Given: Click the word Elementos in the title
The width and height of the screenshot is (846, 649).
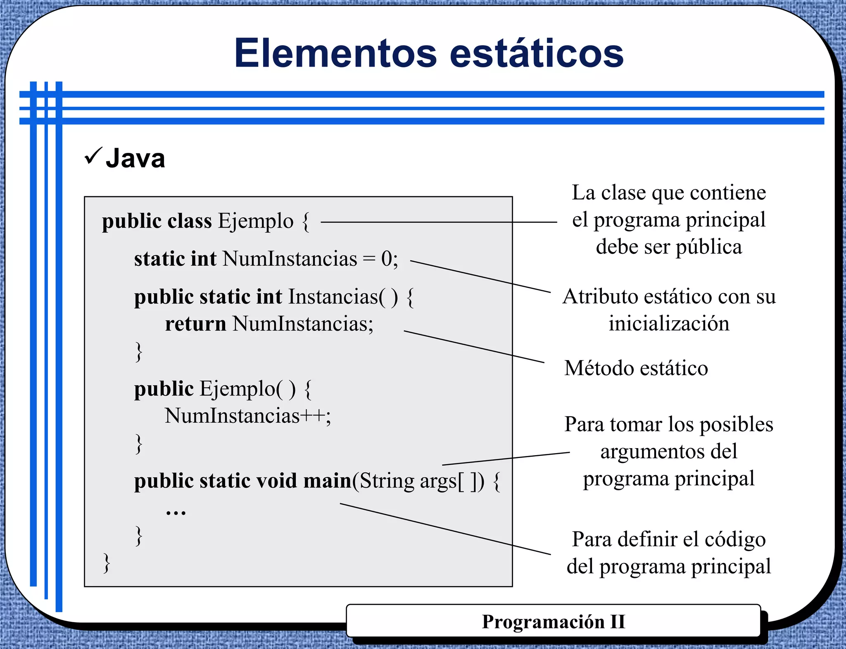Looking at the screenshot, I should [x=335, y=53].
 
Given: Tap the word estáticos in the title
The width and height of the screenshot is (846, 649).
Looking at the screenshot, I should [x=536, y=53].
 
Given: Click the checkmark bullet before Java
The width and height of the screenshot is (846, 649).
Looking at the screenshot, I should [x=93, y=156].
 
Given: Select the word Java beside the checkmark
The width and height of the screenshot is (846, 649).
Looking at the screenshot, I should [x=135, y=158].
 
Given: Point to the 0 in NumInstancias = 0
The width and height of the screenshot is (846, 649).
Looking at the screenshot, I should [x=386, y=259].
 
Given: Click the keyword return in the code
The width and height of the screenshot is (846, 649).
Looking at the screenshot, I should [x=195, y=323].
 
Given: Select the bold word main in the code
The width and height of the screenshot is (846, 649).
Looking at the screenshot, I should [x=327, y=481].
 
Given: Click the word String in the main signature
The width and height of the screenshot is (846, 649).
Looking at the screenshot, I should [x=387, y=481].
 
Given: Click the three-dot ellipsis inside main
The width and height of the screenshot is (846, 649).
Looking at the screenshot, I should [x=176, y=513].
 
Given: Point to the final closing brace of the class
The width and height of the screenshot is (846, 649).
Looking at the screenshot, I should [x=107, y=563].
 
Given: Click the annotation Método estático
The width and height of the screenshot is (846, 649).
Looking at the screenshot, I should [x=636, y=368].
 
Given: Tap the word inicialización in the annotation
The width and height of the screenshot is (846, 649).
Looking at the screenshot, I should [x=669, y=323].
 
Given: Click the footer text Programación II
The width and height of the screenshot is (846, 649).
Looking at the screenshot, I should [x=554, y=621].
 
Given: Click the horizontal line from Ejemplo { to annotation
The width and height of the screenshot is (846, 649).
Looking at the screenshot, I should [x=438, y=222].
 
